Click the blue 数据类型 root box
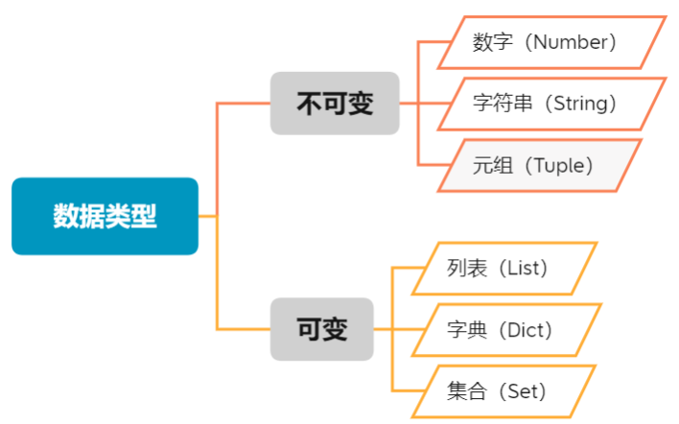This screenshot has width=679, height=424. pos(105,216)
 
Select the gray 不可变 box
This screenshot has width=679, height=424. pos(334,103)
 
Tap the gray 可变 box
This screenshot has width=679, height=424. pos(320,329)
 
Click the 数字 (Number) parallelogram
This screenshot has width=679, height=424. pos(551,42)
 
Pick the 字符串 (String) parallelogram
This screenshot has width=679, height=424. pos(551,104)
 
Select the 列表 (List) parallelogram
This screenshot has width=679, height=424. pos(503,269)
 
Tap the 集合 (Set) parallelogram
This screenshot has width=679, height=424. pos(503,391)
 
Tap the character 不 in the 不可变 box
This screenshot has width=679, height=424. pos(309,103)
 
